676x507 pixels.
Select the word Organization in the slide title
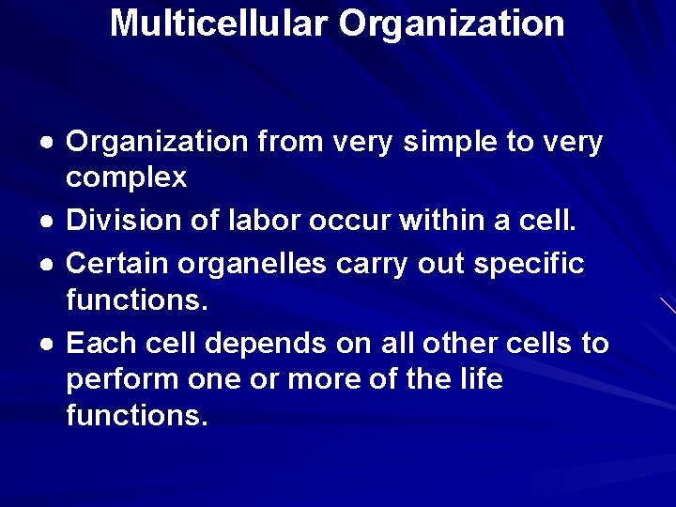pyautogui.click(x=453, y=23)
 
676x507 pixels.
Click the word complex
pyautogui.click(x=127, y=177)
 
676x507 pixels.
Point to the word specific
pyautogui.click(x=531, y=263)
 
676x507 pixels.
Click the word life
pyautogui.click(x=481, y=379)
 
